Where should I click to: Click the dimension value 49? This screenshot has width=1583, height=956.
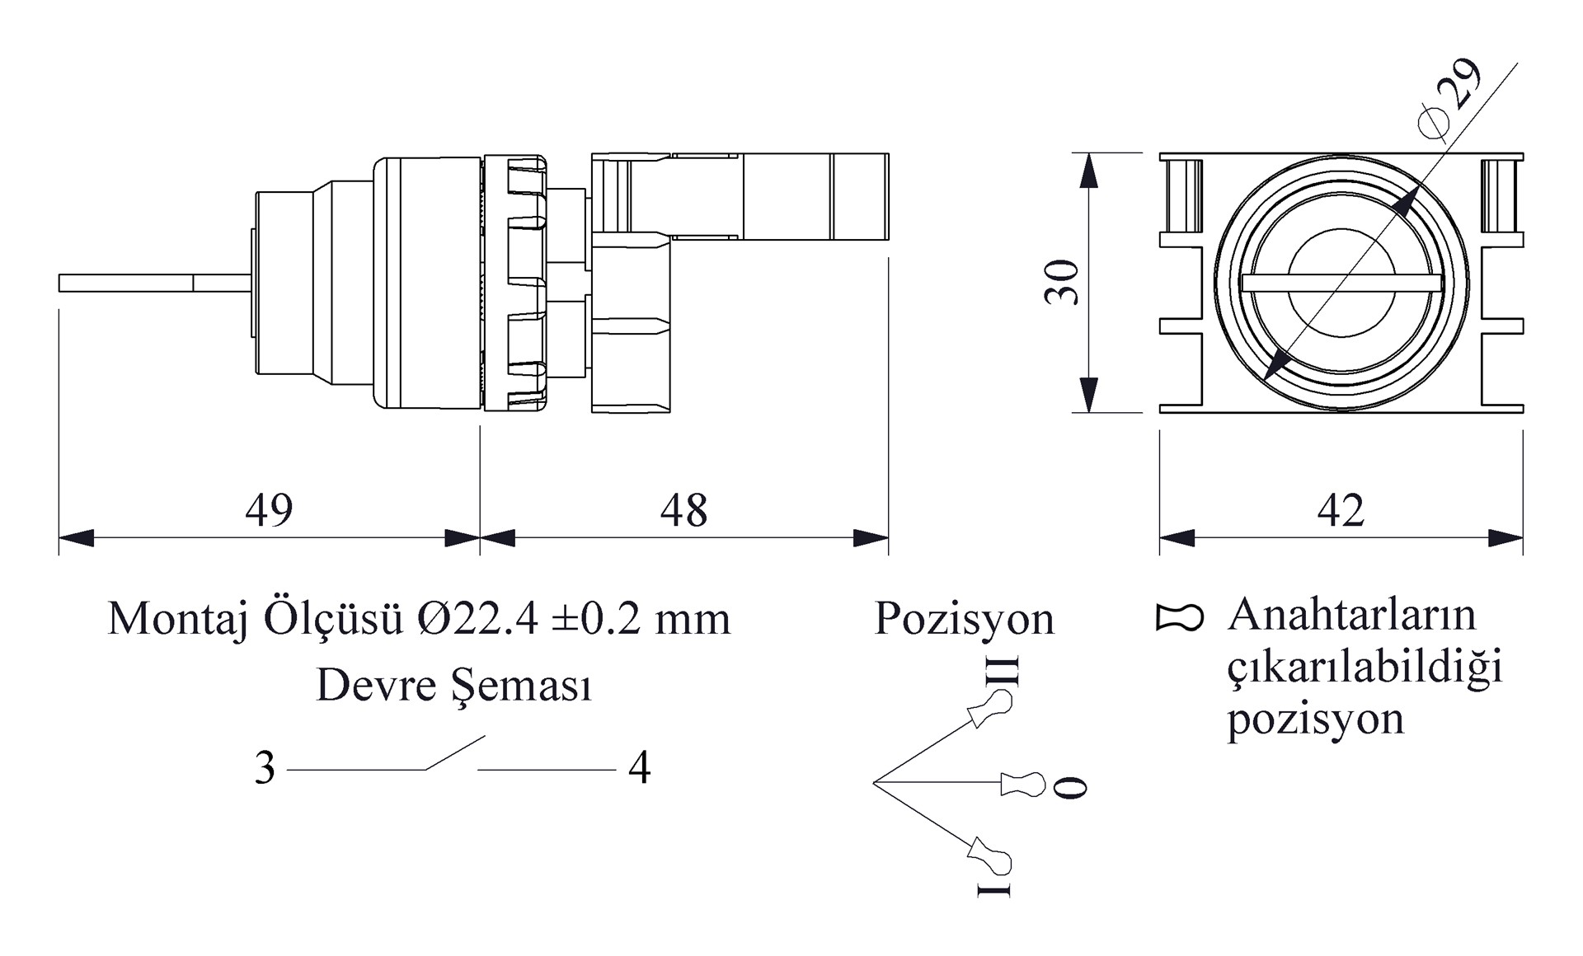(x=269, y=510)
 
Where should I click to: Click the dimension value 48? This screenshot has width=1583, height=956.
(x=683, y=510)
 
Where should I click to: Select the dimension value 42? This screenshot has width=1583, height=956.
(x=1341, y=510)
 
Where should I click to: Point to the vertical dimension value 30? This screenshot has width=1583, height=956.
(x=1062, y=282)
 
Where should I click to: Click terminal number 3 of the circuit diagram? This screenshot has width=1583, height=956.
(x=265, y=768)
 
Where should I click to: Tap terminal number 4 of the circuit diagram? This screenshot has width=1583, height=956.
(x=639, y=768)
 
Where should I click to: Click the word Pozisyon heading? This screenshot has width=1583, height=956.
(x=964, y=618)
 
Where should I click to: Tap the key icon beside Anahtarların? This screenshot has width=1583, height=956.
(x=1180, y=617)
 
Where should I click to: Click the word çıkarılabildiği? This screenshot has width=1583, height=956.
(x=1365, y=668)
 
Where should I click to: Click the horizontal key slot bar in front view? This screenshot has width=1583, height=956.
(x=1341, y=283)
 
